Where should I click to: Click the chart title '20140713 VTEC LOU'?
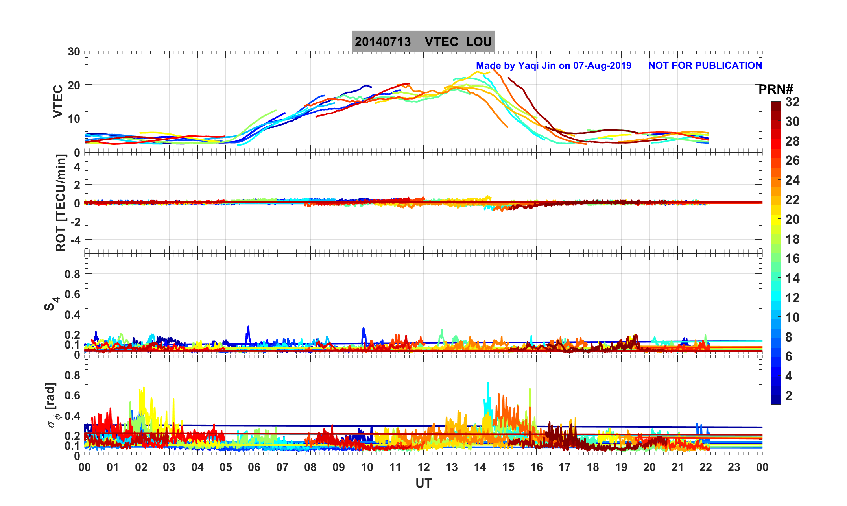(x=423, y=41)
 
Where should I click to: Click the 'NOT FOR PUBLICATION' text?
(x=705, y=66)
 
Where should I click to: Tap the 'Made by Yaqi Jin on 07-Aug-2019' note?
(x=554, y=66)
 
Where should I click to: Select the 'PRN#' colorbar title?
(x=776, y=89)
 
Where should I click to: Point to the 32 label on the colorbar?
(x=792, y=102)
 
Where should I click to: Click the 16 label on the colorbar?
(x=792, y=259)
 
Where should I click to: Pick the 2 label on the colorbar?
(x=788, y=396)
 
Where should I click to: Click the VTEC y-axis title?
(x=58, y=102)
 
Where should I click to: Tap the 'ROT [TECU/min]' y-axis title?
(x=61, y=203)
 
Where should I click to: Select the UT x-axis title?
(x=423, y=484)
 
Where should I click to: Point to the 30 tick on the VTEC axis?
(x=74, y=52)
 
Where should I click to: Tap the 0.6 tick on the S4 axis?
(x=72, y=294)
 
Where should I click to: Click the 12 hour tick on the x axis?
(x=423, y=467)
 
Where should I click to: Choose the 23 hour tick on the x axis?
(x=734, y=467)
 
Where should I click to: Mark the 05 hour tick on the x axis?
(x=226, y=467)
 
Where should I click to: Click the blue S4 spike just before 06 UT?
(x=248, y=327)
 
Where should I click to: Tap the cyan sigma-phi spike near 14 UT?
(x=488, y=384)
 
